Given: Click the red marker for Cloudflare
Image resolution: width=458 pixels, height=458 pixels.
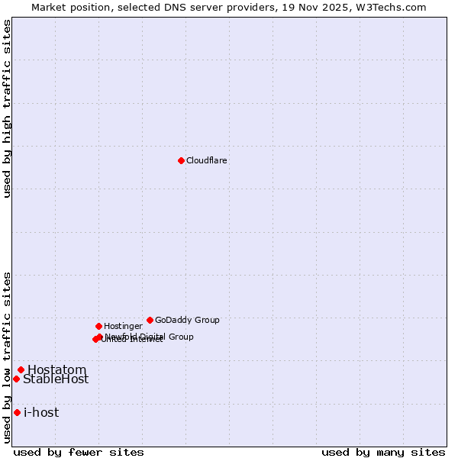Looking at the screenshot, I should [181, 160].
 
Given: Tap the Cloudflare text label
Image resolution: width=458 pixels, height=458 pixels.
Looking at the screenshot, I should [207, 161].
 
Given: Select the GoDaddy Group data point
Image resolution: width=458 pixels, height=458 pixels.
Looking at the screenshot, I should [150, 320].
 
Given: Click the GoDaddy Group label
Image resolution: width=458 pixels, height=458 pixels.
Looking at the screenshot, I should [187, 321].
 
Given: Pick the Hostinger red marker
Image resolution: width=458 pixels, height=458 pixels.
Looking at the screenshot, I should [98, 326].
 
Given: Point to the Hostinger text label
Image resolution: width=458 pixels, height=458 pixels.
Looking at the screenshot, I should [123, 327].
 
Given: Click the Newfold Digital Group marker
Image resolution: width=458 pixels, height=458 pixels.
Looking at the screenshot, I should [100, 337].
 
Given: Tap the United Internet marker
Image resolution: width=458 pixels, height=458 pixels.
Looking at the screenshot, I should [95, 340].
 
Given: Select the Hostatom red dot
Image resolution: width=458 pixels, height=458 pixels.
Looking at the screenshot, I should [21, 369].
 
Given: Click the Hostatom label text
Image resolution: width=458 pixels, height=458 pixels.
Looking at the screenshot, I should [56, 370].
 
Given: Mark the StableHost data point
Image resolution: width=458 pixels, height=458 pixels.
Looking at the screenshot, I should [16, 379].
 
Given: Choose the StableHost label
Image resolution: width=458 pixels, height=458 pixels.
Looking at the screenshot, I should [56, 379].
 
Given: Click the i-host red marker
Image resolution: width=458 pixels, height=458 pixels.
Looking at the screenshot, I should [17, 412].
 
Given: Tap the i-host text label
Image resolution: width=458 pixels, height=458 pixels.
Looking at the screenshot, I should [41, 413].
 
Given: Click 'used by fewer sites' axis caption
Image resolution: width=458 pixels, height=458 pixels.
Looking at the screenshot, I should [79, 452].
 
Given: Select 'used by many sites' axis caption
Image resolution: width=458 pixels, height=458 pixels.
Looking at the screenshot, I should [383, 452].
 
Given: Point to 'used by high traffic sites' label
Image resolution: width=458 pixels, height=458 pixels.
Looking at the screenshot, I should [7, 108].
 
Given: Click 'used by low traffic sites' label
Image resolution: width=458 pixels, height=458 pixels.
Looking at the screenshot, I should [7, 356].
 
